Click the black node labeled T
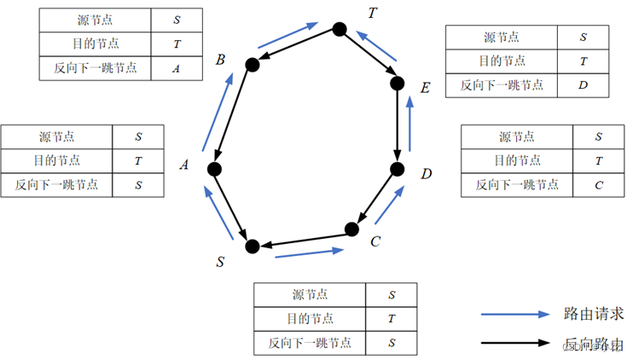339,30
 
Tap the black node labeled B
252,64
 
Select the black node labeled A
215,169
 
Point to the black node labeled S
252,247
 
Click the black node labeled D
397,169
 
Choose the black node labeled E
397,83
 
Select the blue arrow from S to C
310,253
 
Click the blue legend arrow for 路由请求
515,314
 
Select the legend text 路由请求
590,313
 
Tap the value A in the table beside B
176,68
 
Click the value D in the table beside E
583,84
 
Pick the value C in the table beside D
597,184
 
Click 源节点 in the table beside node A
56,136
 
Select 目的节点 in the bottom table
310,318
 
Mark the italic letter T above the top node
372,12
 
